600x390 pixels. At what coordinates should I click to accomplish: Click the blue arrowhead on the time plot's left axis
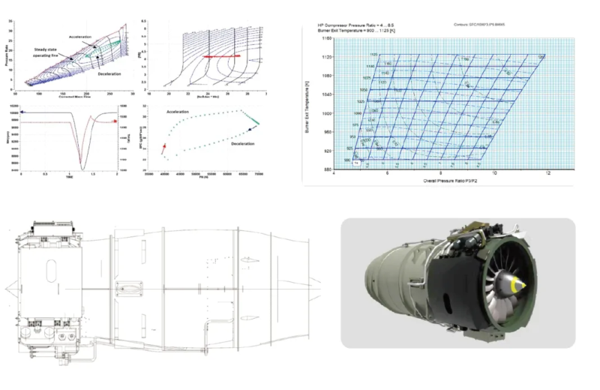[x=23, y=111]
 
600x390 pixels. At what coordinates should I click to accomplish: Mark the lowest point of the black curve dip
[x=84, y=169]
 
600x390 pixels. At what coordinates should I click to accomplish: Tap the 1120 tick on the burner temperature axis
[x=325, y=57]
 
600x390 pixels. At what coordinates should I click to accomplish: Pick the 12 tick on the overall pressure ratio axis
[x=548, y=175]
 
